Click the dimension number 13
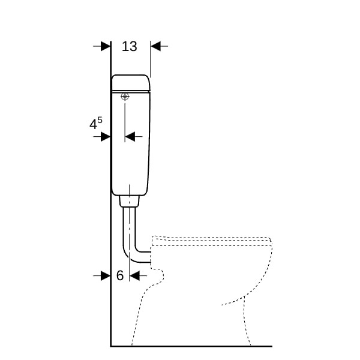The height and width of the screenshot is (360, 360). coord(129,46)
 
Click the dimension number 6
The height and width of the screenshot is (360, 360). coord(120,275)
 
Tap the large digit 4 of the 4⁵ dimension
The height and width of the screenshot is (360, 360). coord(93,125)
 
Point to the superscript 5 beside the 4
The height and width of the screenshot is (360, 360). coord(100,120)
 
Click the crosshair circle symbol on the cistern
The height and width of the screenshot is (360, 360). coord(125,97)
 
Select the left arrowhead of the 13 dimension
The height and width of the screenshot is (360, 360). coord(106,46)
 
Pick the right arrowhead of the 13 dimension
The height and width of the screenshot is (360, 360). coord(155,46)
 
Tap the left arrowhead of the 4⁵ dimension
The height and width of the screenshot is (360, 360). coord(106,137)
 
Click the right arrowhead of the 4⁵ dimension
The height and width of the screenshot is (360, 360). coord(130,137)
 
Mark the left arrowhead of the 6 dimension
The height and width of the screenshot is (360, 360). coord(106,275)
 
